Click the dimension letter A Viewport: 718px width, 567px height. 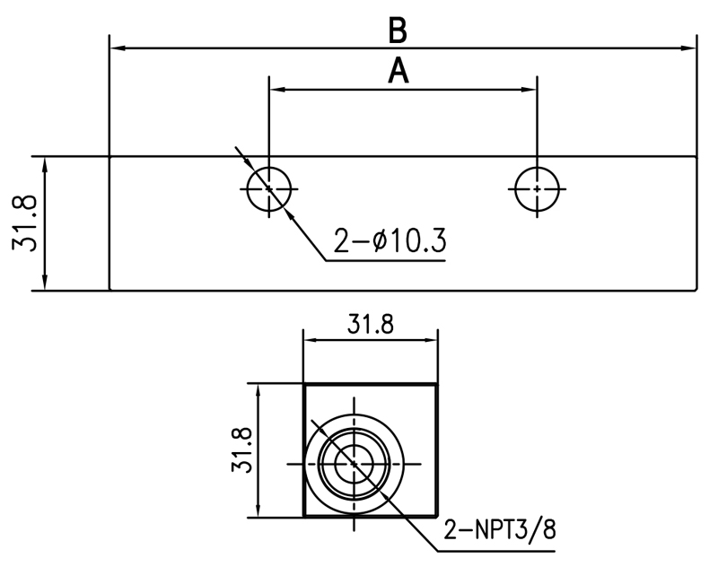coord(398,71)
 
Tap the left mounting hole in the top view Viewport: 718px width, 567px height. coord(268,189)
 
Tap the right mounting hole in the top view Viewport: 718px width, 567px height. coord(536,189)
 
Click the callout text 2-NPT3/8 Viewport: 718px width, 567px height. coord(499,529)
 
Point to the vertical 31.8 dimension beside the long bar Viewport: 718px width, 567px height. coord(28,223)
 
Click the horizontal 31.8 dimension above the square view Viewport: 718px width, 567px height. coord(370,325)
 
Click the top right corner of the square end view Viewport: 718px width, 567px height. coord(437,385)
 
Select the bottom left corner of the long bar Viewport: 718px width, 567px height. coord(109,290)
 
